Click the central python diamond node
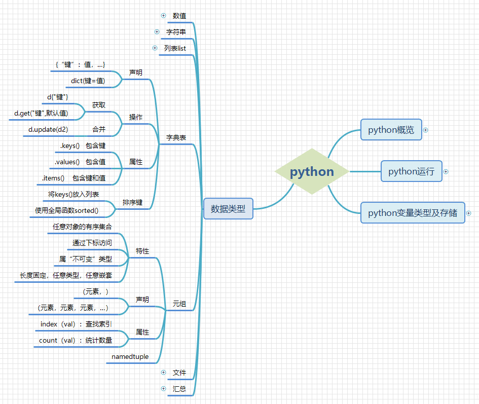coord(312,171)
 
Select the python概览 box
coord(391,130)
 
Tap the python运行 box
coord(411,171)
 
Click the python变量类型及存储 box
coord(412,213)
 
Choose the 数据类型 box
coord(228,208)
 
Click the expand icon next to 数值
coord(163,15)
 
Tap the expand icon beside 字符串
coord(157,31)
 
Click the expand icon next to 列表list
coord(155,48)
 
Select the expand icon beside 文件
coord(163,372)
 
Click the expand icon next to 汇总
coord(163,388)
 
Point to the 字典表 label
coord(176,137)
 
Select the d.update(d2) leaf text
coord(48,129)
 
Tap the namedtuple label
coord(130,356)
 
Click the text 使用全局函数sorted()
coord(66,210)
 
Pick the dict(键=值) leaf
coord(88,81)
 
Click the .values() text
coord(67,162)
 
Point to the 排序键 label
coord(132,202)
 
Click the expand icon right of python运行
coord(446,171)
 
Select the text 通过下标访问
coord(92,243)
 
